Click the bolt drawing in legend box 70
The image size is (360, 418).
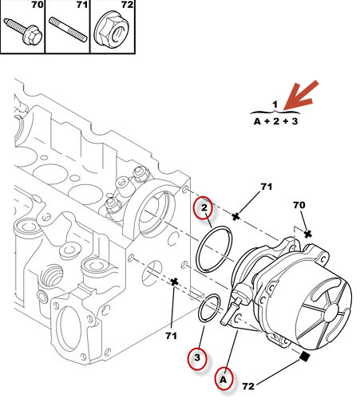[x=23, y=31]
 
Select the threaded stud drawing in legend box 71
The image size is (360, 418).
[x=68, y=30]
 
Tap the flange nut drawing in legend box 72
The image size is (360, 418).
[x=112, y=30]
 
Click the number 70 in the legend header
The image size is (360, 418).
[x=37, y=5]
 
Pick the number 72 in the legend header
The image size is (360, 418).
[x=127, y=5]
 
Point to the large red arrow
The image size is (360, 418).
[x=300, y=96]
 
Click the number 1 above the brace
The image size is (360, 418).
[x=275, y=104]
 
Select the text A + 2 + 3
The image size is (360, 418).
[x=275, y=121]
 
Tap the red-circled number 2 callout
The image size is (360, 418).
[x=204, y=208]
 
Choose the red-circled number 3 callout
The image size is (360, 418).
[x=197, y=358]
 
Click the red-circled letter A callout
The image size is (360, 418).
[x=224, y=379]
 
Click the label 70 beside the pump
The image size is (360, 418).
[x=299, y=205]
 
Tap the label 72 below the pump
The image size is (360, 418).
[x=248, y=386]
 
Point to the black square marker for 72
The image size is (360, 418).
[x=304, y=357]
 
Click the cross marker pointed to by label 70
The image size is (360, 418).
[x=308, y=234]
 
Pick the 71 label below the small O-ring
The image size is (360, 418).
[x=171, y=336]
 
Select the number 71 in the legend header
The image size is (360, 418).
[x=82, y=5]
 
